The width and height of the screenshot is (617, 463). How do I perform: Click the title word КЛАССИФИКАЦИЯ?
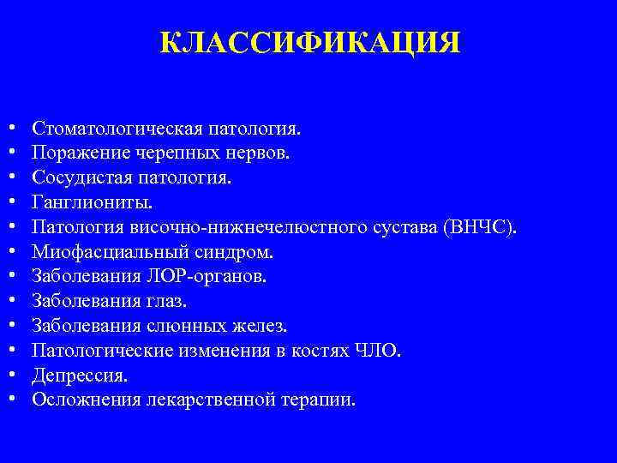(309, 42)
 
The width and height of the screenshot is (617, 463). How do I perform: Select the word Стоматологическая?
(116, 129)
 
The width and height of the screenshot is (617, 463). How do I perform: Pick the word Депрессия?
(79, 376)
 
